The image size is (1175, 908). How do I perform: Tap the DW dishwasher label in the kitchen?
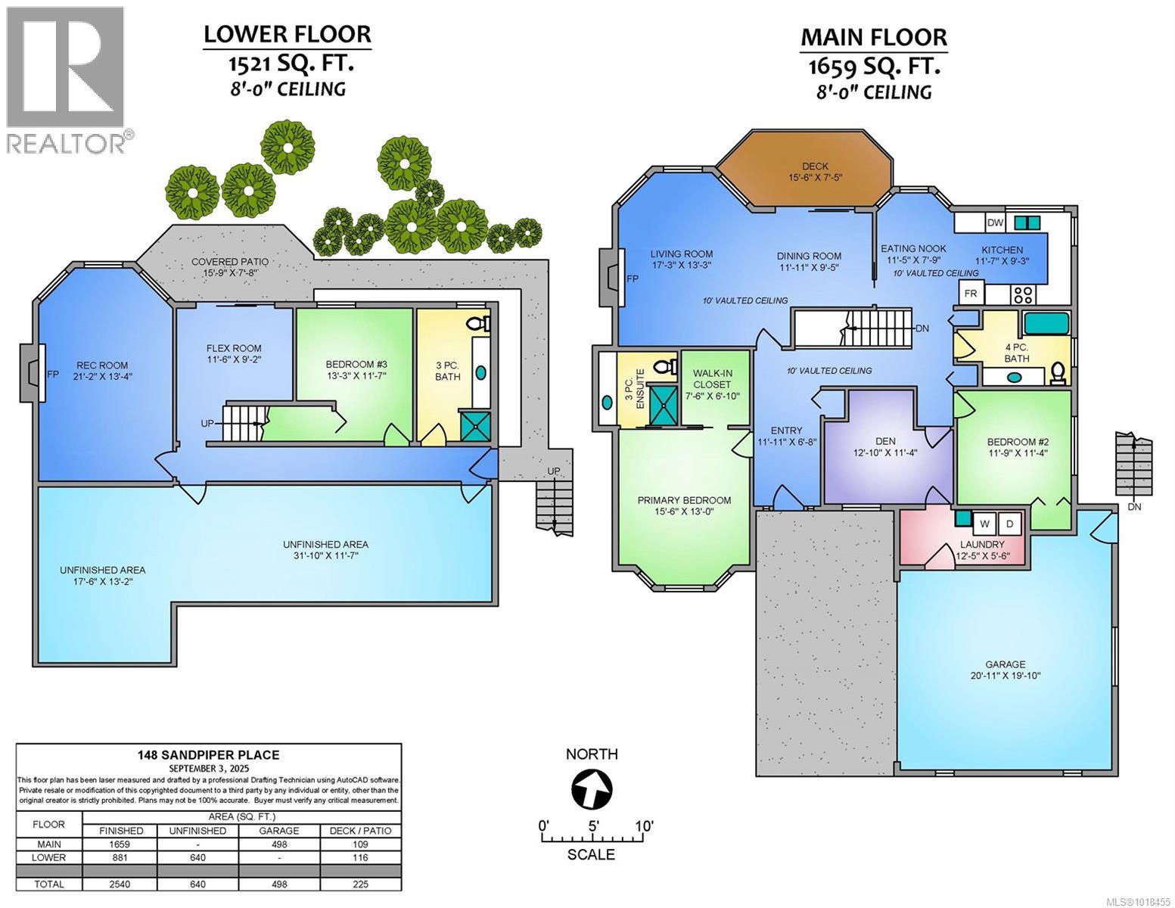coord(995,222)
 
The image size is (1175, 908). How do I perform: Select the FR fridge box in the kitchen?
coord(969,293)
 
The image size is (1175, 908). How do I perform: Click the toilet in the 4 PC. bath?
coord(1058,372)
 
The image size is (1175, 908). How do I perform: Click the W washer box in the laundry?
coord(984,524)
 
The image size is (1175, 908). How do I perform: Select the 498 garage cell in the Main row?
coord(280,844)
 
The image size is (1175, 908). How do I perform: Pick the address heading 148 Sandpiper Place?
coord(209,754)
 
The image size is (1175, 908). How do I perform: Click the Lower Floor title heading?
coord(287,34)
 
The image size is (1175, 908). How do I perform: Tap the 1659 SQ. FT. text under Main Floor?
coord(874,67)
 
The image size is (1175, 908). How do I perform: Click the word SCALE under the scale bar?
coord(591,854)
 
